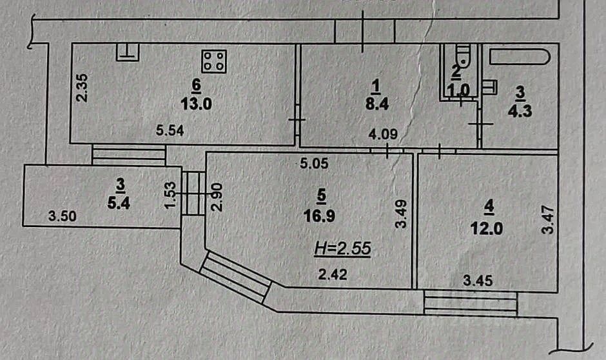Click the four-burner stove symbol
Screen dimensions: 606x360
(x=213, y=61)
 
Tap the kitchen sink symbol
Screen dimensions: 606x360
(x=127, y=52)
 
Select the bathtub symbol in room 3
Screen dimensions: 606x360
(x=519, y=56)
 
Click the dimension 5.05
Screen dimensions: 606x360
(x=314, y=164)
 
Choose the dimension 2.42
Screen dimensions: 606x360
(x=334, y=275)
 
